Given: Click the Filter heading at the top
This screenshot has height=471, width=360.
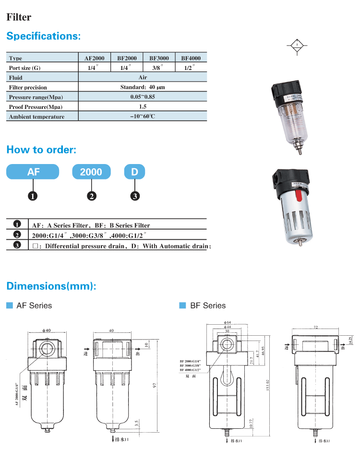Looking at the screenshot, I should click(19, 17).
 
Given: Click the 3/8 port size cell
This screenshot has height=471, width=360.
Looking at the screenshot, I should click(158, 68).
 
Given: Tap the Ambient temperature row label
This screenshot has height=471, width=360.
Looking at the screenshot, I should click(36, 117).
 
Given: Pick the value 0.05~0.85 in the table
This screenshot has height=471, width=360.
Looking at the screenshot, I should click(143, 97).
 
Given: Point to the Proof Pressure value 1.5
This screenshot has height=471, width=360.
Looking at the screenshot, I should click(143, 106).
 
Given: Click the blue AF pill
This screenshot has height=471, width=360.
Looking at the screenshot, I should click(33, 172).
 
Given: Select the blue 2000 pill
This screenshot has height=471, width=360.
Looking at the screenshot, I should click(91, 172).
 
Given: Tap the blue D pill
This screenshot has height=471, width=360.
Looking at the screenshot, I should click(135, 172).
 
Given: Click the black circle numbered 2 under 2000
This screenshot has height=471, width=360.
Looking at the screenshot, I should click(91, 196).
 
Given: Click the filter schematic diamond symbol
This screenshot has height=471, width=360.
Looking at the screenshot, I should click(297, 46).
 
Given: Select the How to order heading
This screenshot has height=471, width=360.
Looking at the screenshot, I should click(41, 150).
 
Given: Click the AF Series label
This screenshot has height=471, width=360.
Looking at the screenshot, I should click(34, 306).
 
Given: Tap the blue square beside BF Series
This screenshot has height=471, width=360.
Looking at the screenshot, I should click(182, 306).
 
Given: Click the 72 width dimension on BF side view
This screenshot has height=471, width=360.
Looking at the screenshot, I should click(316, 327).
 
